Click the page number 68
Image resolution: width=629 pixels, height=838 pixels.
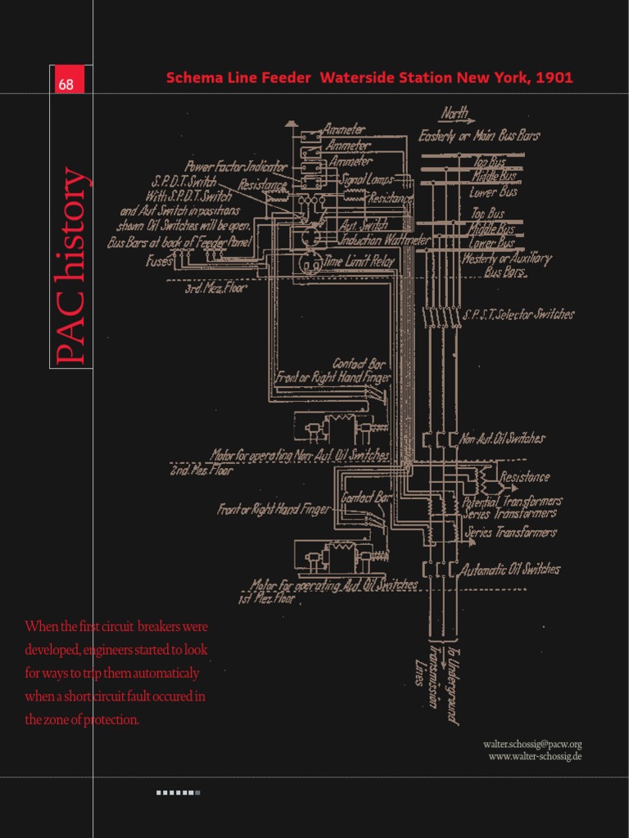click(66, 84)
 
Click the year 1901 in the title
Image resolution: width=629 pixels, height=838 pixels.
click(554, 78)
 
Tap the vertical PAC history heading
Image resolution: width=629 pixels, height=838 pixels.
click(70, 265)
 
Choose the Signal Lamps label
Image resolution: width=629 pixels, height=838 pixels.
click(366, 178)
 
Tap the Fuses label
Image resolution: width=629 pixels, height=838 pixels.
click(159, 262)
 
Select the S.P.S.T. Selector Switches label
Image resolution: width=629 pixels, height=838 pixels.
click(518, 314)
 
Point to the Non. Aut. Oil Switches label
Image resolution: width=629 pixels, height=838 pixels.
click(503, 439)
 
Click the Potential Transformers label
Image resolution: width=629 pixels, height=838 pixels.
click(513, 501)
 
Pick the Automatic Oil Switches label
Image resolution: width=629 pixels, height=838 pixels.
click(510, 569)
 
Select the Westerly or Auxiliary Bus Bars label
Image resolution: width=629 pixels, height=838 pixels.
click(506, 264)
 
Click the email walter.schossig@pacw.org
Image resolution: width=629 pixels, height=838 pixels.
click(532, 744)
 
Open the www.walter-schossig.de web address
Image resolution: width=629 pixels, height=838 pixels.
click(535, 756)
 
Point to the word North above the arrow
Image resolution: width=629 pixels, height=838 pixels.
click(455, 113)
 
